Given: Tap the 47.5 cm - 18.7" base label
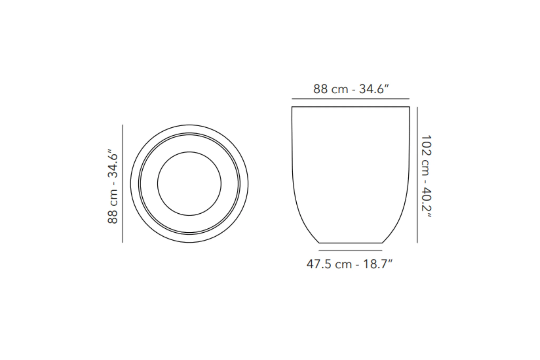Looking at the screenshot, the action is coord(349,264).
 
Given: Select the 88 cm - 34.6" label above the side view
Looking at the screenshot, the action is coord(351,89).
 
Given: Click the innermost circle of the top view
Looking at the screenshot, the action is coord(189,152).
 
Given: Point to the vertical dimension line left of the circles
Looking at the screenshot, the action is coord(123,184).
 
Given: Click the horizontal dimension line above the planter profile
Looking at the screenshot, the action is coord(350,99).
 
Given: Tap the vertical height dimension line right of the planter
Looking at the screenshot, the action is coord(417,175).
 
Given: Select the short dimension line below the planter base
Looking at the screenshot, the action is coord(350,251).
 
